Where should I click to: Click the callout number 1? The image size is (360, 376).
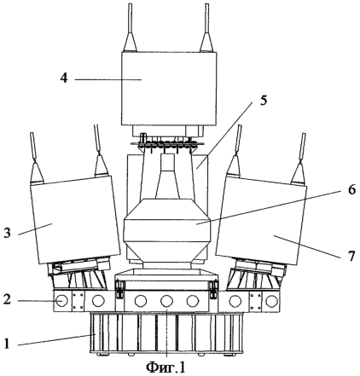point(7,344)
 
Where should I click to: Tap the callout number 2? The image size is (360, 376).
point(7,299)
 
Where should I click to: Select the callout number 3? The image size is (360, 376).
point(7,233)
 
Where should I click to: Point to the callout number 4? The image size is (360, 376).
point(64,78)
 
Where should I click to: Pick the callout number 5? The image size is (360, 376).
point(263,101)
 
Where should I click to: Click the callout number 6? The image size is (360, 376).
point(351,189)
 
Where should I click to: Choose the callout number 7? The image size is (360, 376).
point(351,256)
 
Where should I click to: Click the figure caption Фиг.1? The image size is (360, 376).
point(165,367)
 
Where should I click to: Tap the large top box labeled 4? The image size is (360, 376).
point(169,89)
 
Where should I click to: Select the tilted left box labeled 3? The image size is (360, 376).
point(75,220)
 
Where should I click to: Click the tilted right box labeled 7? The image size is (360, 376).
point(261,220)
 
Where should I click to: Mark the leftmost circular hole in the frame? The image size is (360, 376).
point(61,301)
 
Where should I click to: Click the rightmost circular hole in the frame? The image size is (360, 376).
point(272,301)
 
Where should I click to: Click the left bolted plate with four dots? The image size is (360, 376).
point(78,301)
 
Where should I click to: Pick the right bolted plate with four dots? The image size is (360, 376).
point(255,301)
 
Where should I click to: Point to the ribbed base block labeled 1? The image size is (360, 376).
point(166,333)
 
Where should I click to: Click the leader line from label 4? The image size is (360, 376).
point(108,80)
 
